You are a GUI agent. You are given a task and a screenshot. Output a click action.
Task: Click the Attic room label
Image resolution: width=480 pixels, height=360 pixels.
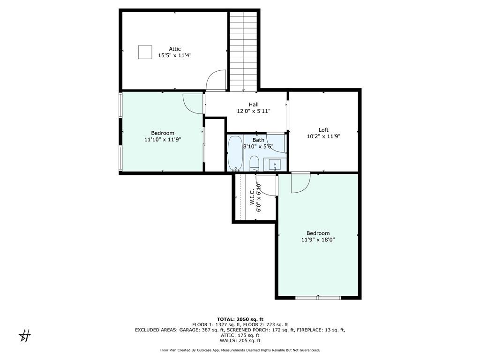(x=175, y=49)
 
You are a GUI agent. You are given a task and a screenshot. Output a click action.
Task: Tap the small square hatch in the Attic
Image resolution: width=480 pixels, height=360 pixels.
(x=145, y=52)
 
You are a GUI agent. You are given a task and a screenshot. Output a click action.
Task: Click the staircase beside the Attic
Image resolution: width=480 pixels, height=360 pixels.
(x=243, y=52)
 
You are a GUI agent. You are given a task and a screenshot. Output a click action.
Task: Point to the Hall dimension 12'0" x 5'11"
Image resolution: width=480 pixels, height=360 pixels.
(x=254, y=111)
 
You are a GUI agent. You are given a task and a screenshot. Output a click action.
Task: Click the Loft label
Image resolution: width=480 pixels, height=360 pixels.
(x=323, y=130)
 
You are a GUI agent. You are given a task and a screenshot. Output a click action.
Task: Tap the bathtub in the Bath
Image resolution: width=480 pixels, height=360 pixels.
(x=235, y=153)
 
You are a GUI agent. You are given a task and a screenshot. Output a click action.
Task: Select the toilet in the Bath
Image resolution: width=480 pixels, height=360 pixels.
(x=254, y=164)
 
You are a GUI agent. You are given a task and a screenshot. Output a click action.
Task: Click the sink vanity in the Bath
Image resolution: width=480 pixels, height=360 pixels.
(x=275, y=165)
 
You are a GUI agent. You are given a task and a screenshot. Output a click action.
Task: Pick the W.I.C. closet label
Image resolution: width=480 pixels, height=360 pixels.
(x=252, y=196)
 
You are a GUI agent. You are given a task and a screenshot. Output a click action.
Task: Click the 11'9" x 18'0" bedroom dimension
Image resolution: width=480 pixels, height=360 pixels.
(x=318, y=240)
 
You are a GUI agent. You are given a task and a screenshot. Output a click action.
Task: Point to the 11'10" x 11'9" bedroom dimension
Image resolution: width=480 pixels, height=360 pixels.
(x=163, y=140)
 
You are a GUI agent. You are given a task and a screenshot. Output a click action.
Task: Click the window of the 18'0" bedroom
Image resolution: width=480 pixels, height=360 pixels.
(x=318, y=298)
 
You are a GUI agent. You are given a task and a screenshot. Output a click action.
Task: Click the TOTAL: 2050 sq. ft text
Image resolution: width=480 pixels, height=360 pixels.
(x=240, y=319)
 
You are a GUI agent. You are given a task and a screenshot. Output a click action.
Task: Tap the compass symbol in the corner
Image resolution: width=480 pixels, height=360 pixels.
(x=25, y=336)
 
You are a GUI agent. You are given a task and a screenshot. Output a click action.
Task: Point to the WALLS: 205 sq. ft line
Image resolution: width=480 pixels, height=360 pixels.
(x=240, y=340)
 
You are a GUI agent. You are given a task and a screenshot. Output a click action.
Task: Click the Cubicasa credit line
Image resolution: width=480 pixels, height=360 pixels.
(x=240, y=350)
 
